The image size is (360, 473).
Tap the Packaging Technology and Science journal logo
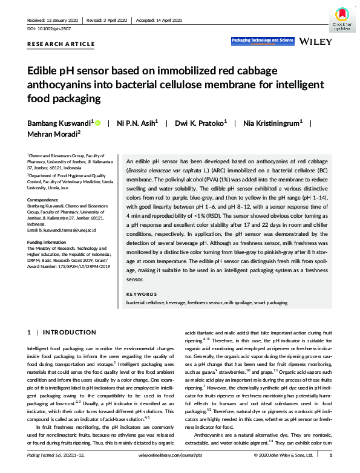tap(263, 41)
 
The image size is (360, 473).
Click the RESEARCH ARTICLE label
tap(61, 44)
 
